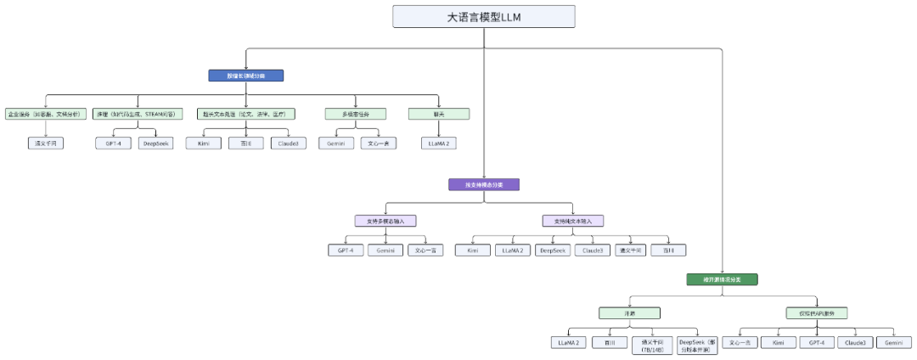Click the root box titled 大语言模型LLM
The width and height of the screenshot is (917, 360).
tap(484, 17)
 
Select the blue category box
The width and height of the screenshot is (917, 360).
tap(245, 76)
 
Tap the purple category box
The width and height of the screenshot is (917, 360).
tap(483, 184)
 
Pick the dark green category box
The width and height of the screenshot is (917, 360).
tap(722, 278)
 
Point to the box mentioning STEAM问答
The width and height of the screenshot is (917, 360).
tap(137, 114)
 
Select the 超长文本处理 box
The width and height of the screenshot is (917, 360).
tap(246, 114)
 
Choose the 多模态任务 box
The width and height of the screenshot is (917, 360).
tap(356, 114)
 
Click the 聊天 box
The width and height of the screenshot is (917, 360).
tap(439, 114)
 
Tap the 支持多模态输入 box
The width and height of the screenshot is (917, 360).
tap(385, 221)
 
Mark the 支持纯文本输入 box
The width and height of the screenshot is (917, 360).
tap(573, 221)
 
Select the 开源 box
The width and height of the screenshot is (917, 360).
tap(629, 313)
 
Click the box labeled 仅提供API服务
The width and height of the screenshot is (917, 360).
tap(817, 313)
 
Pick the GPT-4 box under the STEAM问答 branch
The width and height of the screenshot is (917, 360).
tap(113, 143)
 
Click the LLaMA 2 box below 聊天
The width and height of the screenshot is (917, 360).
tap(439, 143)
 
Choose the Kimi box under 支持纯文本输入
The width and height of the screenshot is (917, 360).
tap(473, 250)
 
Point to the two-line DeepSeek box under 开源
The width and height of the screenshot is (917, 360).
tap(699, 345)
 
